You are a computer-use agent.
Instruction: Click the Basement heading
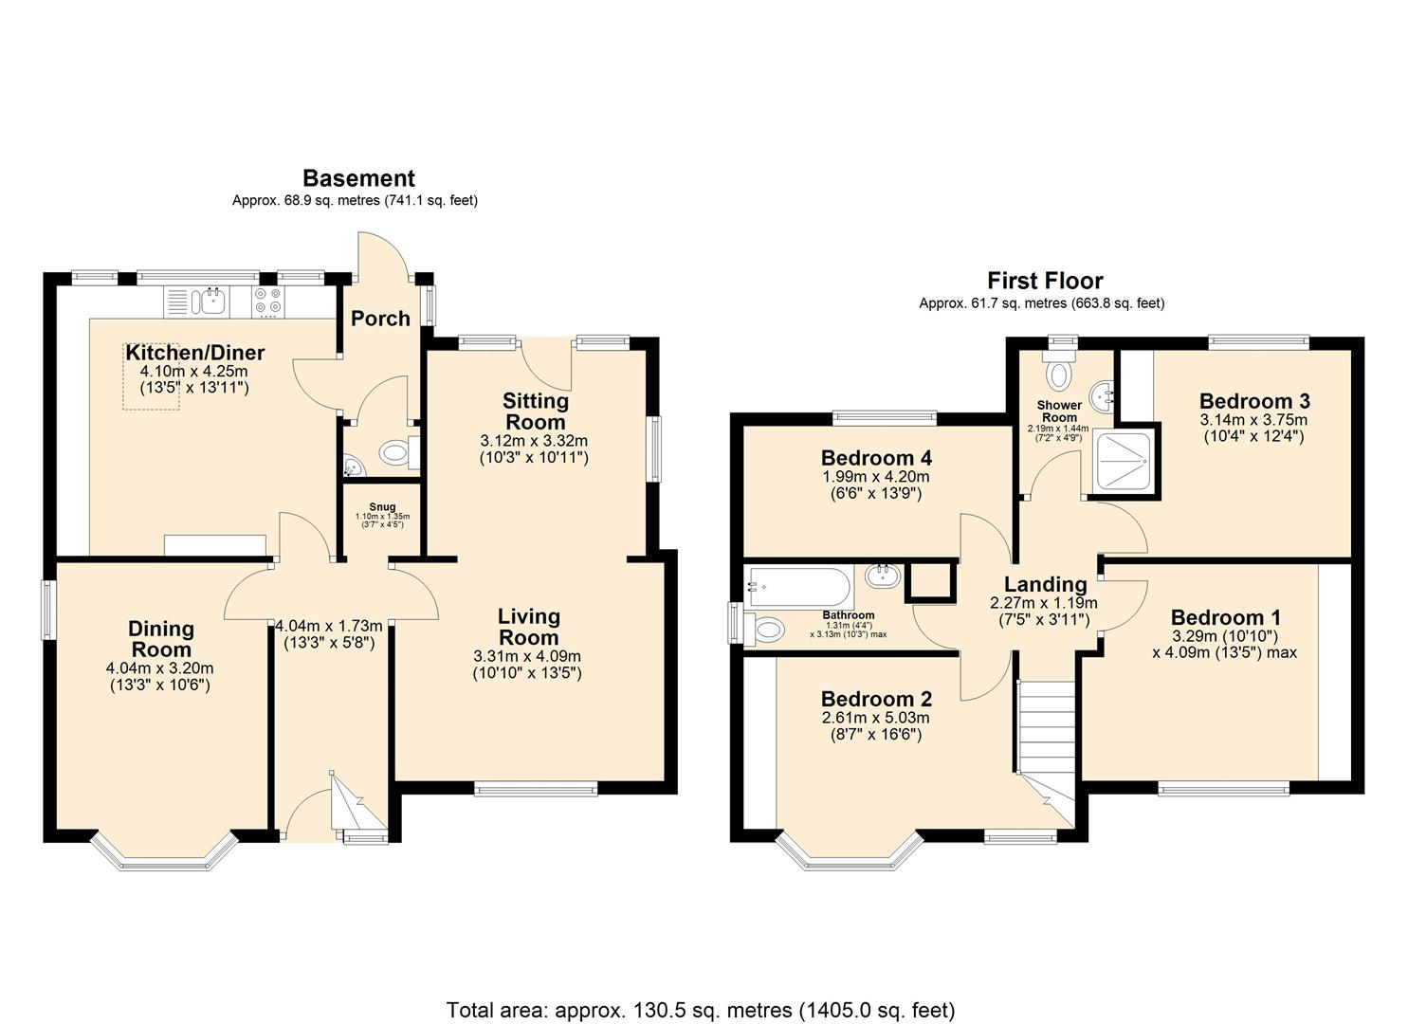pyautogui.click(x=358, y=178)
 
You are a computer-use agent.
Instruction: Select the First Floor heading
pyautogui.click(x=1045, y=281)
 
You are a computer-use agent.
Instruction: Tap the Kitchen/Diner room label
pyautogui.click(x=194, y=353)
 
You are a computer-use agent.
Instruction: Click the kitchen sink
pyautogui.click(x=209, y=302)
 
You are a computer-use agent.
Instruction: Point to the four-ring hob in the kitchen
pyautogui.click(x=267, y=302)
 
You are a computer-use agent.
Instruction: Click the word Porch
pyautogui.click(x=380, y=319)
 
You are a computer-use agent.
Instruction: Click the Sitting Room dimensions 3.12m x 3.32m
pyautogui.click(x=534, y=441)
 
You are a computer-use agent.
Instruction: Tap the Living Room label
pyautogui.click(x=528, y=627)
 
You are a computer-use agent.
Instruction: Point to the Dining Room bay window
pyautogui.click(x=163, y=852)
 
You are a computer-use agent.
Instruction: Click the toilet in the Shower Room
pyautogui.click(x=1058, y=372)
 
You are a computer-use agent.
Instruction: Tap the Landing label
pyautogui.click(x=1045, y=585)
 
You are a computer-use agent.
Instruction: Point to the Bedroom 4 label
pyautogui.click(x=876, y=458)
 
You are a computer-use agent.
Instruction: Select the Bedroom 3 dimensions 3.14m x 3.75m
pyautogui.click(x=1253, y=421)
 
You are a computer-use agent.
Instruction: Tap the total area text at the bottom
pyautogui.click(x=700, y=1010)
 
